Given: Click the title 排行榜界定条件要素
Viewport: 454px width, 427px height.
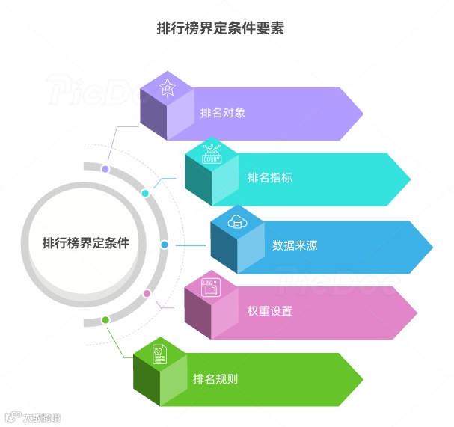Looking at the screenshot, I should click(x=221, y=28).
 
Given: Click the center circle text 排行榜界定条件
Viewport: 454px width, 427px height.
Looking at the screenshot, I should click(x=85, y=243).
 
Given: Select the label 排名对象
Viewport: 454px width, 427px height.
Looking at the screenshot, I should click(x=222, y=114).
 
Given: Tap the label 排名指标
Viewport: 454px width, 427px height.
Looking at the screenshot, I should click(x=269, y=178).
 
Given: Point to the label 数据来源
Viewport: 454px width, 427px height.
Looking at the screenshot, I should click(x=295, y=245).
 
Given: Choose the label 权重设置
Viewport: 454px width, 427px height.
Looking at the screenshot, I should click(x=269, y=311).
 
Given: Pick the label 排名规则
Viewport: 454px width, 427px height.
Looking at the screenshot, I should click(x=215, y=378).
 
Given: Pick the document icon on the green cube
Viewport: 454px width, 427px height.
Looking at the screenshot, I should click(x=159, y=354).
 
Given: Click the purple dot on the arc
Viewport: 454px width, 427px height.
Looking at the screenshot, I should click(x=105, y=170).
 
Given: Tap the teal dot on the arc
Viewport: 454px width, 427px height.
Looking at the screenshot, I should click(x=145, y=194).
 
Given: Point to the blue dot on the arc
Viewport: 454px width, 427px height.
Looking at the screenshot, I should click(x=165, y=245).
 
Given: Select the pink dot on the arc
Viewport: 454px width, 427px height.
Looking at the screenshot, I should click(x=147, y=293).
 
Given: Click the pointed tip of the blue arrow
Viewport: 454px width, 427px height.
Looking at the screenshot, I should click(x=432, y=247).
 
